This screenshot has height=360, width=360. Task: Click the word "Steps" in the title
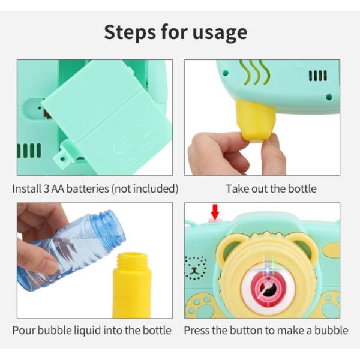130,32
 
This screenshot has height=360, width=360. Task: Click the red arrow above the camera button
215,211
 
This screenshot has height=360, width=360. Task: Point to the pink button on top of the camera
215,221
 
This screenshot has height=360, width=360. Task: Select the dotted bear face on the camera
195,268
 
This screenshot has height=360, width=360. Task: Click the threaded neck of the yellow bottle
132,261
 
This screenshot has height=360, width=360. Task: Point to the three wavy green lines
254,72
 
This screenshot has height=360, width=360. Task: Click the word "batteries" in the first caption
88,189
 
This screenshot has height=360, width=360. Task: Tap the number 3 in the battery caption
47,189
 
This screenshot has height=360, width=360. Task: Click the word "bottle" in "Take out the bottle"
302,189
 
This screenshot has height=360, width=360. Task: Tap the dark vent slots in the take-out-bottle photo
317,76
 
